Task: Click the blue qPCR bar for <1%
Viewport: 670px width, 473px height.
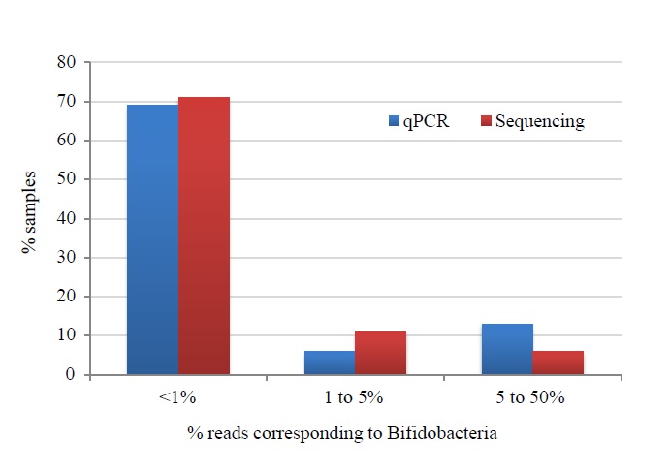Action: pyautogui.click(x=152, y=239)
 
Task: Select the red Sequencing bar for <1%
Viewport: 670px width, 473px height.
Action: pyautogui.click(x=204, y=236)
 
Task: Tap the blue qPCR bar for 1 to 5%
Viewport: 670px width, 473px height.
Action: pyautogui.click(x=330, y=363)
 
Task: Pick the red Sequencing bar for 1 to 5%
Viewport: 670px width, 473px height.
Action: pyautogui.click(x=380, y=353)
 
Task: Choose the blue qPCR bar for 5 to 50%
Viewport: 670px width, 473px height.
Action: pyautogui.click(x=507, y=349)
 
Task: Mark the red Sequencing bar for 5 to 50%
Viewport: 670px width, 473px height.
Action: pyautogui.click(x=558, y=363)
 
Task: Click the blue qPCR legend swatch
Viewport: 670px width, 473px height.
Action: pyautogui.click(x=394, y=122)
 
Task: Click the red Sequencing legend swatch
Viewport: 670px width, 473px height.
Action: pyautogui.click(x=486, y=122)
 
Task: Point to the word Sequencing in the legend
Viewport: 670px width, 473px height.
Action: pyautogui.click(x=539, y=122)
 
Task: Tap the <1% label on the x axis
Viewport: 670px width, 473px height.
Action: pyautogui.click(x=178, y=397)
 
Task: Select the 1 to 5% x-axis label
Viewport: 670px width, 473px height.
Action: pyautogui.click(x=355, y=397)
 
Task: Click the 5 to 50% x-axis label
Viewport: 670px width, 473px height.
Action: pyautogui.click(x=532, y=397)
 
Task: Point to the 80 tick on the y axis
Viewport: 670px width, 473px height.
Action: pyautogui.click(x=66, y=63)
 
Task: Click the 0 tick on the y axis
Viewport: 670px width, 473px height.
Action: pyautogui.click(x=71, y=375)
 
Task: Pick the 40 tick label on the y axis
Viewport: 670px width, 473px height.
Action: pyautogui.click(x=66, y=219)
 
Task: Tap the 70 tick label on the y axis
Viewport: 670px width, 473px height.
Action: pyautogui.click(x=66, y=102)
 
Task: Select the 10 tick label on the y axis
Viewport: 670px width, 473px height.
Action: pyautogui.click(x=66, y=336)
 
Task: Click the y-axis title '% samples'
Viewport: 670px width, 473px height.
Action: pyautogui.click(x=28, y=219)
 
